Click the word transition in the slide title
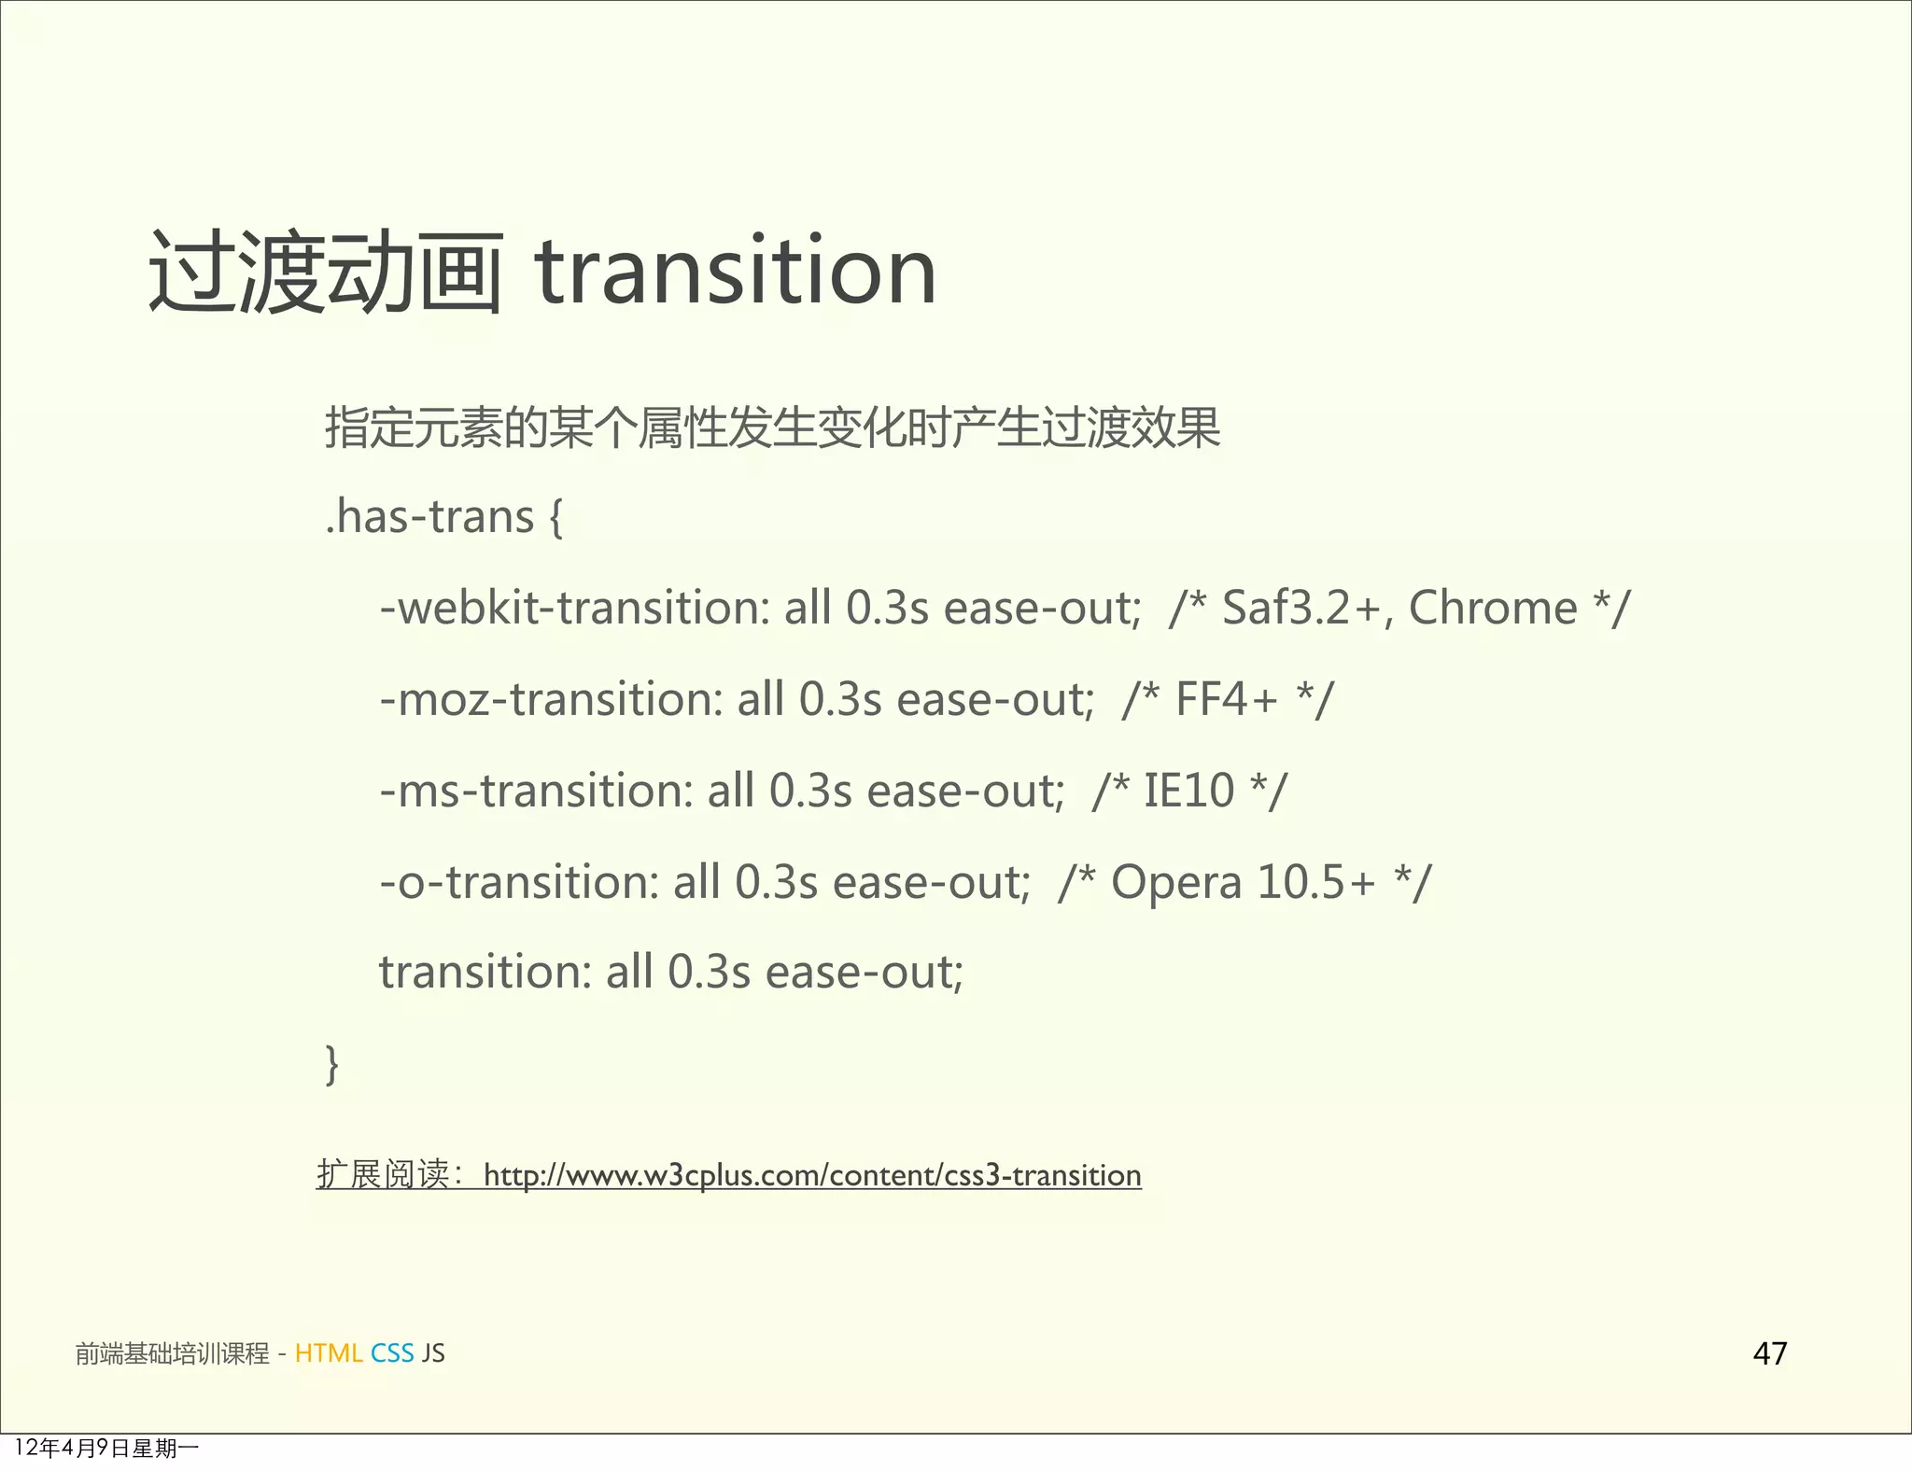click(x=735, y=272)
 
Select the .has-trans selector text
click(x=429, y=516)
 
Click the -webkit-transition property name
click(x=570, y=608)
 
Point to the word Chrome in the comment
click(x=1492, y=608)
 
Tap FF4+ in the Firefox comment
click(x=1226, y=699)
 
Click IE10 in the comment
click(x=1188, y=791)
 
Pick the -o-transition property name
click(x=515, y=882)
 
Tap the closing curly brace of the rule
click(x=331, y=1064)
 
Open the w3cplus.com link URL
click(x=812, y=1174)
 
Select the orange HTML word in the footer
click(x=328, y=1352)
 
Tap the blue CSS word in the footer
click(x=392, y=1352)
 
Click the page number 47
click(x=1770, y=1352)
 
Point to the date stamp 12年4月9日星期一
click(x=106, y=1448)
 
